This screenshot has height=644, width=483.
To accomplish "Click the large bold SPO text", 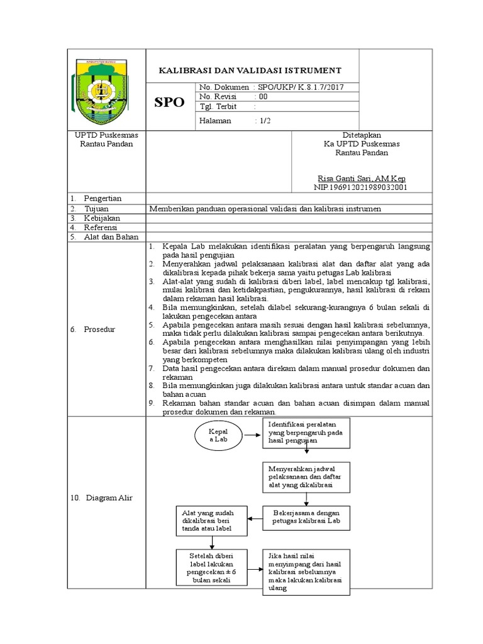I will (x=170, y=103).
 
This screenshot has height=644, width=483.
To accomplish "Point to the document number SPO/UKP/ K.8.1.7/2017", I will (x=300, y=87).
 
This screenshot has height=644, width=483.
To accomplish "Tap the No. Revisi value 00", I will (x=262, y=97).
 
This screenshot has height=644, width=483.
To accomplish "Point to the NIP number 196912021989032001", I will (x=361, y=187).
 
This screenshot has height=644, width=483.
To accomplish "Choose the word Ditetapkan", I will (x=361, y=135).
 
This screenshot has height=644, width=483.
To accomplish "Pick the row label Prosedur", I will (x=100, y=330).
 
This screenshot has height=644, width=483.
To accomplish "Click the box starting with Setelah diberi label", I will (x=213, y=568).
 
